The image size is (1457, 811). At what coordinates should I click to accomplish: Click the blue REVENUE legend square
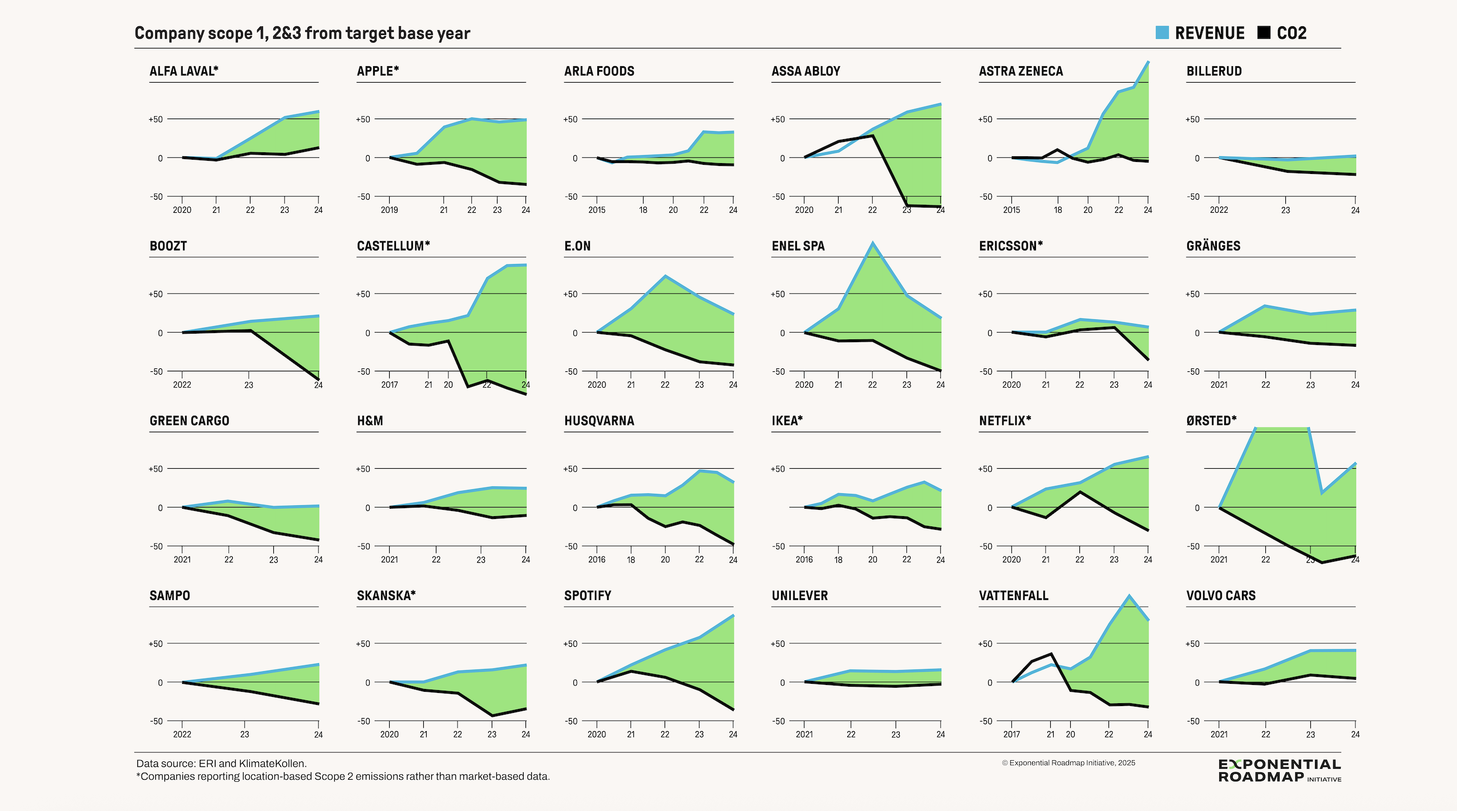(x=1161, y=33)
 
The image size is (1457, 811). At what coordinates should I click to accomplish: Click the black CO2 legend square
(x=1264, y=33)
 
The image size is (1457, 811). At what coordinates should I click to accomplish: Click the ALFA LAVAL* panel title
(x=184, y=71)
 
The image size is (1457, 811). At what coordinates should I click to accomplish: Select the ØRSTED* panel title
(x=1211, y=421)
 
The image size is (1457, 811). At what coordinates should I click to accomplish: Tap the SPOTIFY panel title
(x=587, y=595)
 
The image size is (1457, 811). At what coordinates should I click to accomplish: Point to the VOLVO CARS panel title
(x=1220, y=595)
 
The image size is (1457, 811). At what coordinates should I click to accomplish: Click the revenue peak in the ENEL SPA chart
(x=872, y=244)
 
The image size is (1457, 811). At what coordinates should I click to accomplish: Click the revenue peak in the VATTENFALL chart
(x=1129, y=597)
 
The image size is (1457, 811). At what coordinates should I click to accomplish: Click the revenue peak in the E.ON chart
(x=665, y=277)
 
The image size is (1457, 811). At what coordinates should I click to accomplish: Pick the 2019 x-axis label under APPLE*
(x=389, y=210)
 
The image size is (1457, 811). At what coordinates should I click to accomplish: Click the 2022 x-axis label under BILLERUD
(x=1219, y=210)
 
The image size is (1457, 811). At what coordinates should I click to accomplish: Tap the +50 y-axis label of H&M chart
(x=363, y=469)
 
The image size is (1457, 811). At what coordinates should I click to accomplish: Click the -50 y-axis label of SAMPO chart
(x=156, y=721)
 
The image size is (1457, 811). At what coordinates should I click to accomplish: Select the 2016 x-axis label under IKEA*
(x=804, y=559)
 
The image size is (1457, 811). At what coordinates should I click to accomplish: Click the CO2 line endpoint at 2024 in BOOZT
(x=318, y=379)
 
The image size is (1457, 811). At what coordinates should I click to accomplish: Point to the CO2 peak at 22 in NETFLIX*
(x=1080, y=492)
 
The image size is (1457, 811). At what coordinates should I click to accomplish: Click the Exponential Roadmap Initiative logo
(x=1279, y=771)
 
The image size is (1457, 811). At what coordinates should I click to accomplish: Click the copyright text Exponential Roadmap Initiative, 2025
(x=1068, y=763)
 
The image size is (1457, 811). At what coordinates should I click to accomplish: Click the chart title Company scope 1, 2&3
(x=302, y=33)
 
